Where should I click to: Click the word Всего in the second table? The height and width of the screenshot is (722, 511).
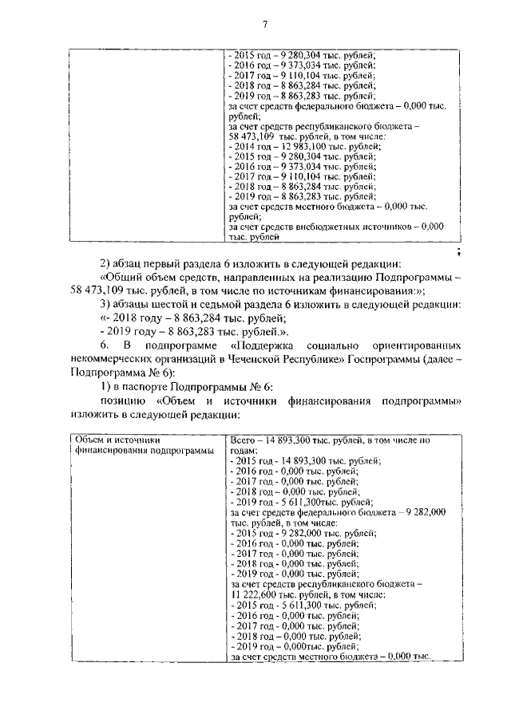pyautogui.click(x=242, y=440)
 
